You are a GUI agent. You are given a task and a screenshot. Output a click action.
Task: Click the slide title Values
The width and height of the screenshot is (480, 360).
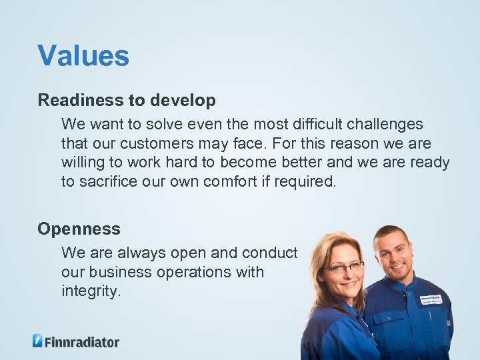(83, 56)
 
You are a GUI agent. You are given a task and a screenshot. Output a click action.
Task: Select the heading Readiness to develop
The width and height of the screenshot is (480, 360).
(127, 101)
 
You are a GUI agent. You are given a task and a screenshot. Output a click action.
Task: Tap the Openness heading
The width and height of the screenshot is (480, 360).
(79, 229)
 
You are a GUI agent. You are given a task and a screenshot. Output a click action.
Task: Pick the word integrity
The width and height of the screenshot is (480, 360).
(91, 291)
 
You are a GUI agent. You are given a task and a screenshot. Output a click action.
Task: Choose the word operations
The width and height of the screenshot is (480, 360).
(207, 272)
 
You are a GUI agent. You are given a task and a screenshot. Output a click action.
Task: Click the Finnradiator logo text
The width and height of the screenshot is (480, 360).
(82, 342)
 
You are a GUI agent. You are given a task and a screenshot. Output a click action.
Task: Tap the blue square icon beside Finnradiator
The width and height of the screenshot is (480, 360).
(38, 341)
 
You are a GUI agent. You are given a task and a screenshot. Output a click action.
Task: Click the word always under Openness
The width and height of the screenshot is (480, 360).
(141, 253)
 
